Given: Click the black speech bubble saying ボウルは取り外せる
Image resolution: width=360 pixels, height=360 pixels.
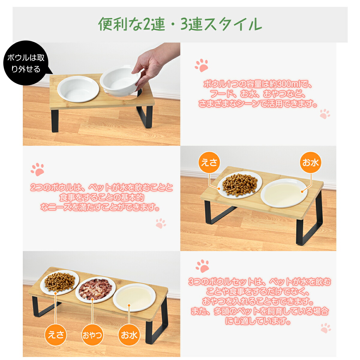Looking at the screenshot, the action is (x=26, y=63).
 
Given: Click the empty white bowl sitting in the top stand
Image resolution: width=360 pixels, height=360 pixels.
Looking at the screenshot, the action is (x=78, y=89).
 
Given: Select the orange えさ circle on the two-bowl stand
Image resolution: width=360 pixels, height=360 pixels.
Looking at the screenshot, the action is (x=209, y=162).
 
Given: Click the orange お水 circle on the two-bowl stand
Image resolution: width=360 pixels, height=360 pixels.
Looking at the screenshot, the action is (x=310, y=162).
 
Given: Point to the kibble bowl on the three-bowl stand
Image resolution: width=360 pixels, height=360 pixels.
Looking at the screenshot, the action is (x=60, y=283).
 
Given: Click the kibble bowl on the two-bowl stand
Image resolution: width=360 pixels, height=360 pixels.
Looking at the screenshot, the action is (x=240, y=185).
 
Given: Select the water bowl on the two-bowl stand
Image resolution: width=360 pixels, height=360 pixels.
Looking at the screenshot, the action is (x=284, y=193).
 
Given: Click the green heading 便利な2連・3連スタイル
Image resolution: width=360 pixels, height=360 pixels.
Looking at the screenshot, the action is (x=180, y=24).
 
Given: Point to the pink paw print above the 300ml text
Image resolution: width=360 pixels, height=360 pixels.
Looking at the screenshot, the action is (x=202, y=65).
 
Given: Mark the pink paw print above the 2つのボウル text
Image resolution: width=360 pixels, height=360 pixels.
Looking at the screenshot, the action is (x=37, y=169).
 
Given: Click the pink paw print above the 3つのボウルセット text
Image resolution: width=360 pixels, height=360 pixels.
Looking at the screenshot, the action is (x=202, y=266).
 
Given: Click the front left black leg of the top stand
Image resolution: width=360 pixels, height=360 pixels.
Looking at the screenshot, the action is (x=55, y=121).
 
